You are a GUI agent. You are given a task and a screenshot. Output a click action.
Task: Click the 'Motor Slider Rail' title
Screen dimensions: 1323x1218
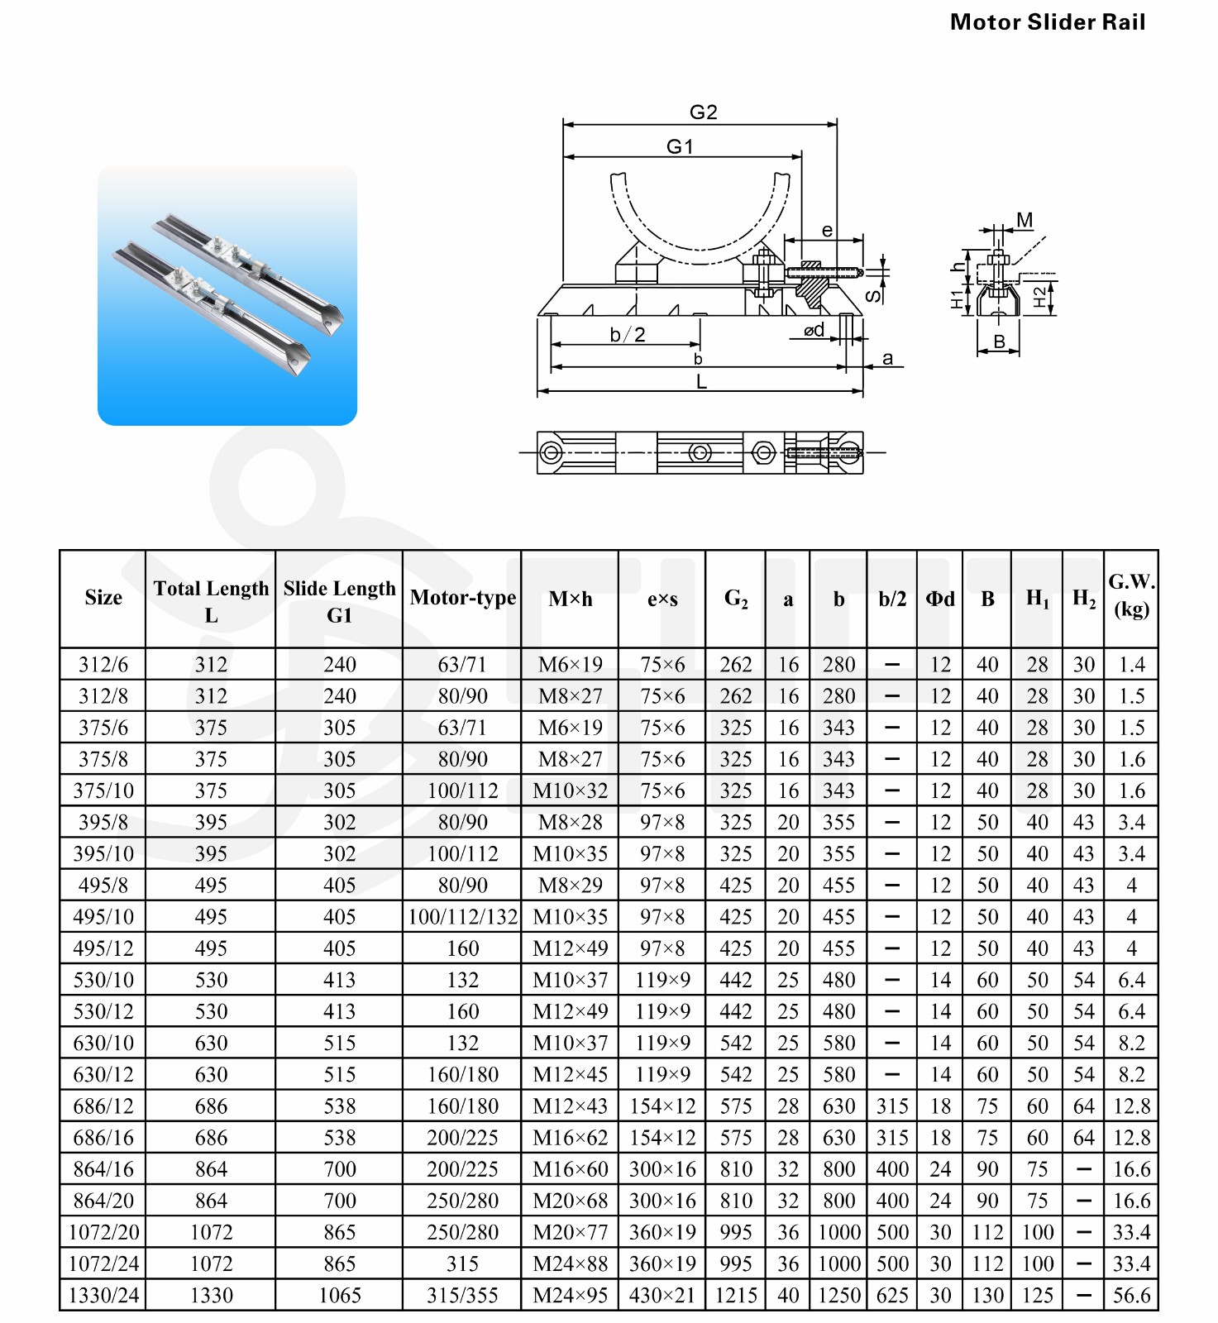coord(1047,22)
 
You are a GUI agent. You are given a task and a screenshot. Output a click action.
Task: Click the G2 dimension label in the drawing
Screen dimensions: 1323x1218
coord(703,112)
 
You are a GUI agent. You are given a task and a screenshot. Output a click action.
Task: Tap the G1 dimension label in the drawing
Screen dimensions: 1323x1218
coord(680,147)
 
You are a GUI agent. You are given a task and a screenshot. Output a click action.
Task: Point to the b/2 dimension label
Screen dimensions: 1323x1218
coord(628,335)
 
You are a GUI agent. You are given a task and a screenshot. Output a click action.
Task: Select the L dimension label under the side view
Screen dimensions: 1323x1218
coord(701,383)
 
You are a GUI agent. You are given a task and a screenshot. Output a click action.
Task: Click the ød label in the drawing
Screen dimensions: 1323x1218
coord(814,331)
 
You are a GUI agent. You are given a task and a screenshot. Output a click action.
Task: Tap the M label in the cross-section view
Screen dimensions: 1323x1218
coord(1025,220)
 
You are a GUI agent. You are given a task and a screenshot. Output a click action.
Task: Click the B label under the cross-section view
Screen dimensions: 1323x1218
coord(999,341)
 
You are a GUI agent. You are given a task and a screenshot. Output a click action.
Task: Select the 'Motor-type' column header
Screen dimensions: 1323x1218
coord(462,598)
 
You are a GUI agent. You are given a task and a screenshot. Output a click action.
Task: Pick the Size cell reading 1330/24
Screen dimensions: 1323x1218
coord(103,1296)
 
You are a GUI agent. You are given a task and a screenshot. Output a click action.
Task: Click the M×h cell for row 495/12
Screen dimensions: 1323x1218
coord(570,948)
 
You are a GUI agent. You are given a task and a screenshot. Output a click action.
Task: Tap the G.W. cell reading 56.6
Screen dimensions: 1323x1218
coord(1131,1296)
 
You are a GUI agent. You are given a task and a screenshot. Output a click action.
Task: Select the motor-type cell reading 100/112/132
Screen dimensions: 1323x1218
coord(462,917)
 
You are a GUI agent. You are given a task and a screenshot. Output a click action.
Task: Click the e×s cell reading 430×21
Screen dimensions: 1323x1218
coord(662,1296)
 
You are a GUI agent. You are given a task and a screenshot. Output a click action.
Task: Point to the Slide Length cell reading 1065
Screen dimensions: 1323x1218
coord(339,1296)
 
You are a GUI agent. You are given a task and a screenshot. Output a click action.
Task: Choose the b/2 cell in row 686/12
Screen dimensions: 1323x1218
coord(892,1106)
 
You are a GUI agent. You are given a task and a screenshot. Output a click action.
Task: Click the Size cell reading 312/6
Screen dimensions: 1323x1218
coord(103,665)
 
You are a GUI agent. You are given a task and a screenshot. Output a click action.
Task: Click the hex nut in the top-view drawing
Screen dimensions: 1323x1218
coord(763,452)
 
